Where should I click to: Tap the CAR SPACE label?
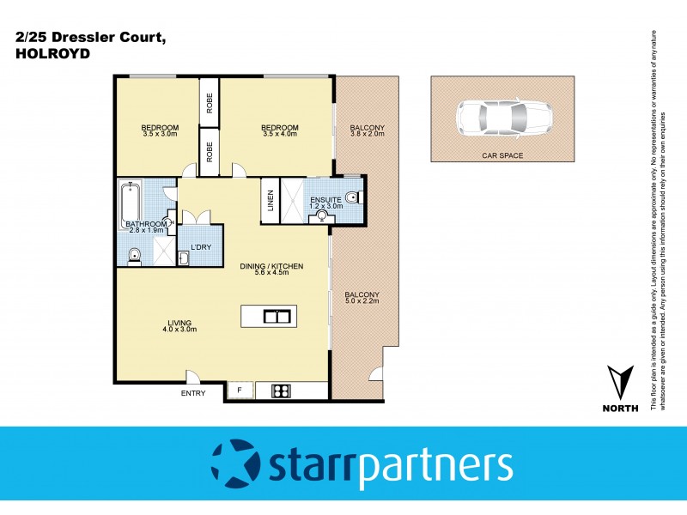[502, 156]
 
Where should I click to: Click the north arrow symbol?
[621, 381]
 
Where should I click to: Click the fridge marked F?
[240, 391]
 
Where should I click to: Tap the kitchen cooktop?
[281, 391]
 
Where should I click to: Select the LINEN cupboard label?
[271, 200]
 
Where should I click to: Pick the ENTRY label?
[193, 393]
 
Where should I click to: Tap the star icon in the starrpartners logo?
[234, 464]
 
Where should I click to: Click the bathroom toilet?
[134, 254]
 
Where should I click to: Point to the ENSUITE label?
[325, 199]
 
